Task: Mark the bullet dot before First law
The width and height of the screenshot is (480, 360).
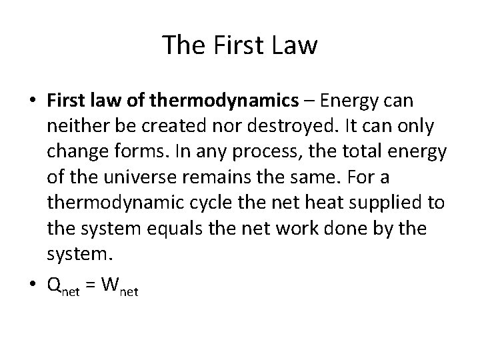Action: click(x=34, y=101)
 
